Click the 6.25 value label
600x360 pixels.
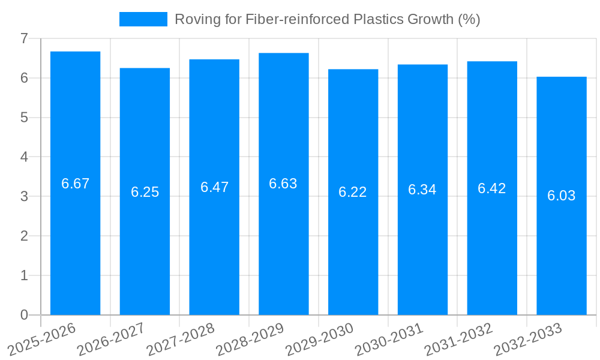pos(145,192)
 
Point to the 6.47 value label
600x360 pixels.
pos(214,187)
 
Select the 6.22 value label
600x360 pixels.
pos(353,192)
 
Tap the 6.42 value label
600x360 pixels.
pos(492,188)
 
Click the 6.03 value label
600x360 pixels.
pos(561,196)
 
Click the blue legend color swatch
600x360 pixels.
pos(143,19)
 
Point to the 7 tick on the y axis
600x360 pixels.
pos(24,38)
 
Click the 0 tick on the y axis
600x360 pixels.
pos(24,315)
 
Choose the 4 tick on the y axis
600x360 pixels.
pos(24,157)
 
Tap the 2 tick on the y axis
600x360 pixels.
pos(24,236)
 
